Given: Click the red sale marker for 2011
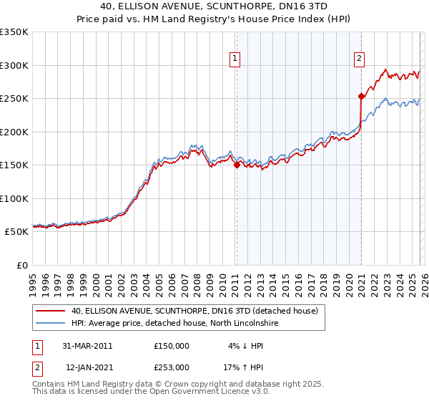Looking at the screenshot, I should (x=236, y=165).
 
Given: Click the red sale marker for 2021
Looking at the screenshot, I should (x=361, y=95).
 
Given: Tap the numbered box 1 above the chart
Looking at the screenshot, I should (x=235, y=59).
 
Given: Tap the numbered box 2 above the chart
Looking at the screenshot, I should (x=359, y=59).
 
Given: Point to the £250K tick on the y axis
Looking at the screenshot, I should (x=15, y=99).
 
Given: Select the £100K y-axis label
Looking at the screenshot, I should (x=15, y=198).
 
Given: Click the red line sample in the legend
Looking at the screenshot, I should (x=51, y=311).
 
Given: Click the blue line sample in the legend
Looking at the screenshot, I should (x=51, y=324).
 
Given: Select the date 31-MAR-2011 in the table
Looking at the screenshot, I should (x=87, y=346).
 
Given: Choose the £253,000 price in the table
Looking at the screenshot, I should (x=172, y=367).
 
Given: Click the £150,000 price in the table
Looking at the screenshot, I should (x=172, y=346).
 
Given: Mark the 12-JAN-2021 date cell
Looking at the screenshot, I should (x=87, y=367).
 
